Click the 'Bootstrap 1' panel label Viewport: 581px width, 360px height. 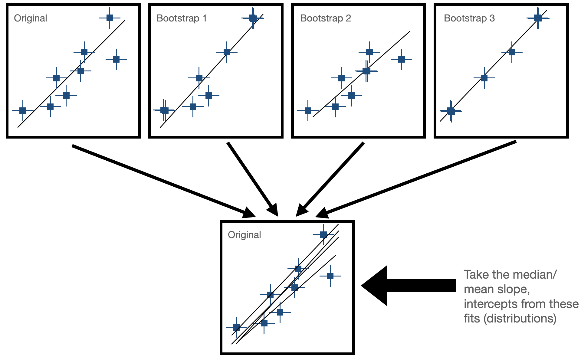coord(181,18)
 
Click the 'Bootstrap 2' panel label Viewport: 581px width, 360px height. coord(325,18)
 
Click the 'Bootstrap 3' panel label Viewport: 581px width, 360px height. coord(469,18)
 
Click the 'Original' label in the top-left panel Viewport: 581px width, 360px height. coord(31,18)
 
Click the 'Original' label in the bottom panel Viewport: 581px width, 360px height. coord(244,235)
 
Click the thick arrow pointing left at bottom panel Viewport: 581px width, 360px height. coord(409,286)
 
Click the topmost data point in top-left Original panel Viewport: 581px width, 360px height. coord(110,18)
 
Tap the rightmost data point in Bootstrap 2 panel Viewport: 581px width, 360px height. coord(401,59)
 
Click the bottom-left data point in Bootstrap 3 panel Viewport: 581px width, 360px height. coord(451,111)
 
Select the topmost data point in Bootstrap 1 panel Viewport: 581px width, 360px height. coord(253,18)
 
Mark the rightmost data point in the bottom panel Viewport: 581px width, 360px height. coord(330,276)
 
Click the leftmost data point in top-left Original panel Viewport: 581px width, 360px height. coord(23,110)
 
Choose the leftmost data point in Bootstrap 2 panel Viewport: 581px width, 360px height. coord(308,110)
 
